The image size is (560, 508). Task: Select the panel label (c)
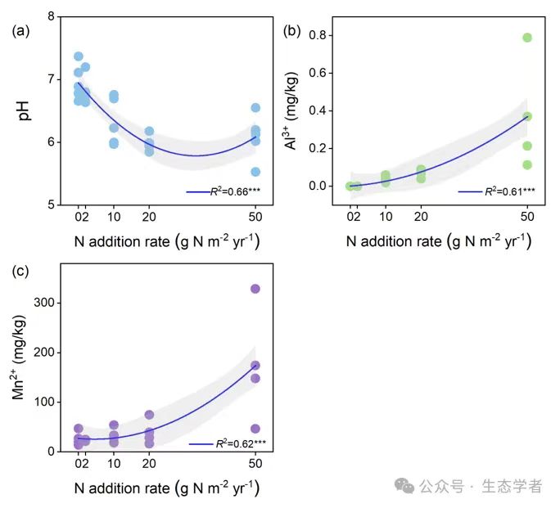coord(21,272)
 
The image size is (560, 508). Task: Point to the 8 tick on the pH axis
coord(52,17)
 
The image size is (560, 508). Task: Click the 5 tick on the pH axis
coord(52,205)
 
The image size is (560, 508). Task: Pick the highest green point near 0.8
coord(528,38)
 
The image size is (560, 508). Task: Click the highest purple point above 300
coord(255,289)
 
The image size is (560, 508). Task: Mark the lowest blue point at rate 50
coord(255,172)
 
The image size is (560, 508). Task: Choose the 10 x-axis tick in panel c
coord(114,464)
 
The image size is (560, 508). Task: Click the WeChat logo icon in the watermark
coord(404,486)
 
